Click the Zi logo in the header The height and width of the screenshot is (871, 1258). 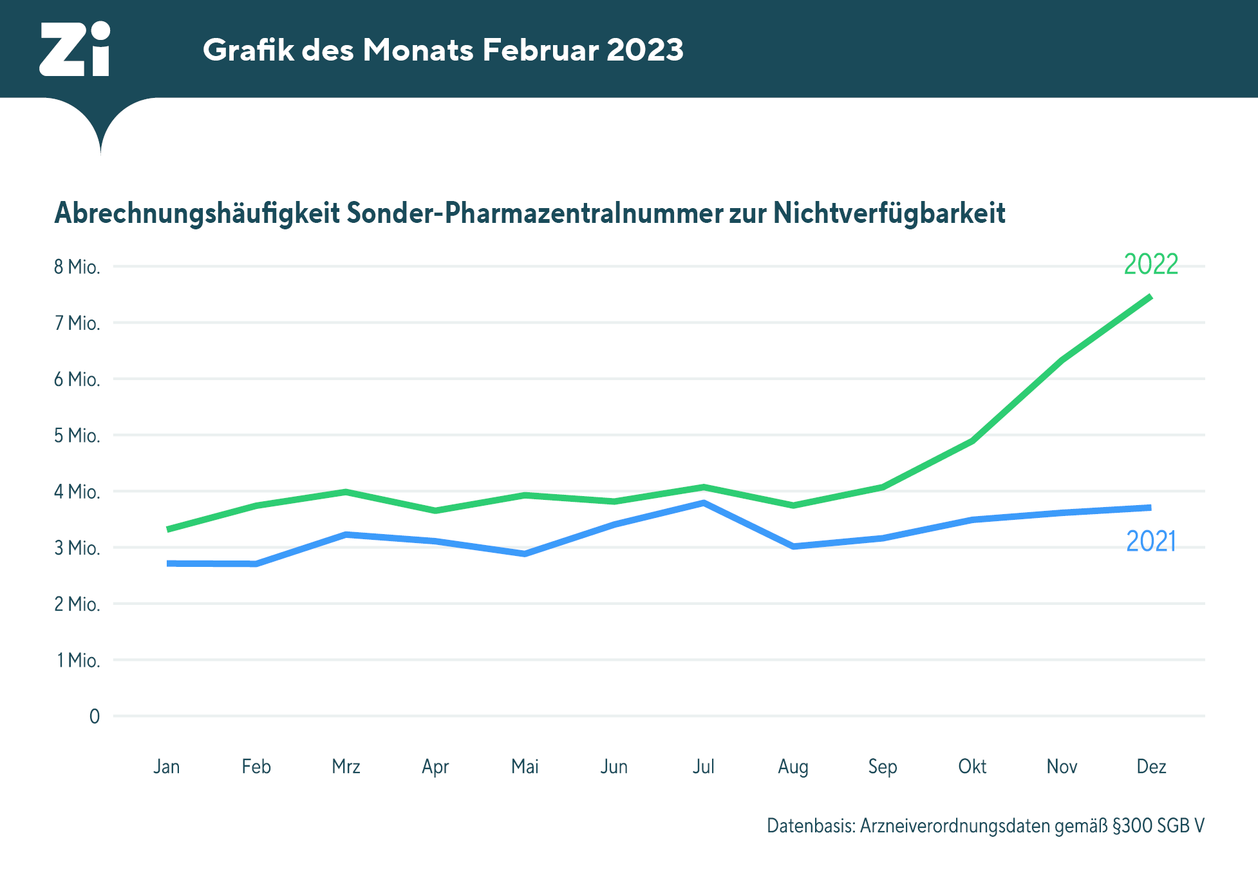click(x=75, y=49)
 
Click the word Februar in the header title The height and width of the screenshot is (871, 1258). click(x=540, y=50)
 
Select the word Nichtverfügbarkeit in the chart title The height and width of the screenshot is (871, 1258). click(x=889, y=213)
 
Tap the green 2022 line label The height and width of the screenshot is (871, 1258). click(x=1150, y=264)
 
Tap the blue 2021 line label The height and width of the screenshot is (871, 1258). click(x=1150, y=541)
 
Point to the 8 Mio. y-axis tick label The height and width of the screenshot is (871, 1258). click(x=77, y=267)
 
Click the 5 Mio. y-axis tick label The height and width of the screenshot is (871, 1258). click(x=77, y=436)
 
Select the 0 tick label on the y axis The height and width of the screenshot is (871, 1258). click(x=95, y=716)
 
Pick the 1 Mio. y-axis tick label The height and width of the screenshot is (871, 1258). click(x=78, y=660)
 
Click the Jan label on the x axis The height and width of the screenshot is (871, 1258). click(x=167, y=767)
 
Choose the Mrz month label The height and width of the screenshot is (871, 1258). click(x=346, y=767)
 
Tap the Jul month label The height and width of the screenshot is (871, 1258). click(x=704, y=767)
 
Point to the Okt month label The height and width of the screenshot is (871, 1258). click(x=972, y=767)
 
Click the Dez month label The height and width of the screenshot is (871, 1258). click(x=1151, y=767)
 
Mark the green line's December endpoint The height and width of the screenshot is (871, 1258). click(x=1150, y=297)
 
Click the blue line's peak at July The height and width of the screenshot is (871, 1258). click(x=704, y=503)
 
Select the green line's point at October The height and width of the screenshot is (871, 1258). click(x=972, y=441)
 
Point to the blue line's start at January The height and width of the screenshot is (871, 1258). click(x=169, y=564)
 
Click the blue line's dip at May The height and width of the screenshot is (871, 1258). click(x=525, y=553)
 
